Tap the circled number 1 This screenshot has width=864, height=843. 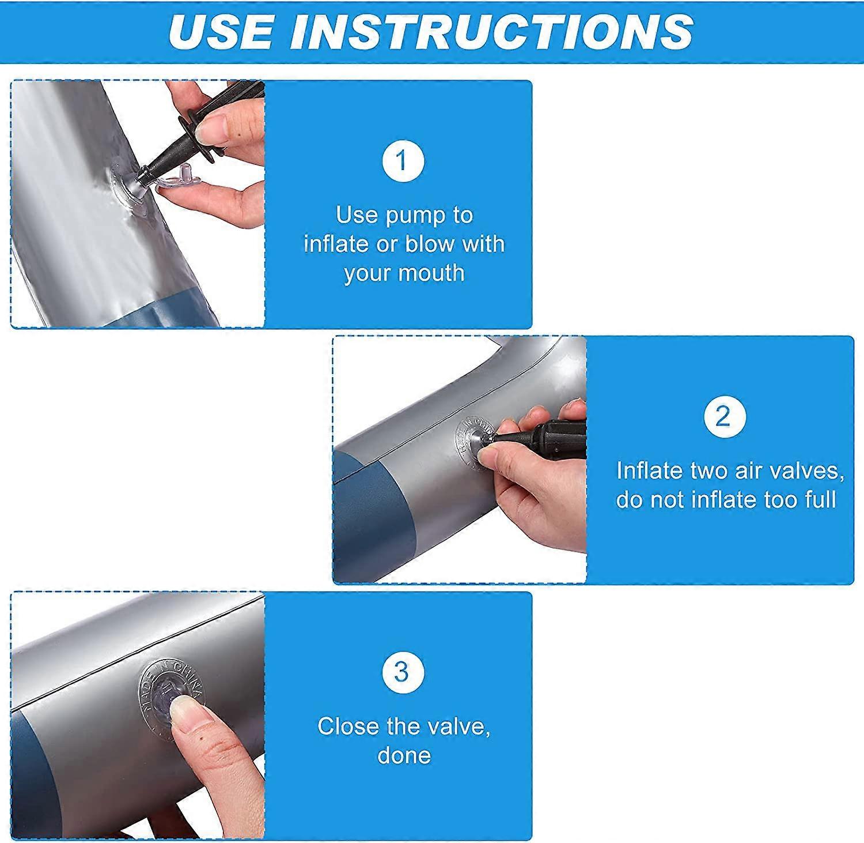tap(403, 161)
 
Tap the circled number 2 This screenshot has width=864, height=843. tap(725, 416)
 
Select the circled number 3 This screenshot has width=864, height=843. tap(403, 672)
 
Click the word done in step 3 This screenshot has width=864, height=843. tap(404, 755)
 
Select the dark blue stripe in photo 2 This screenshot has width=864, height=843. tap(374, 519)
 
